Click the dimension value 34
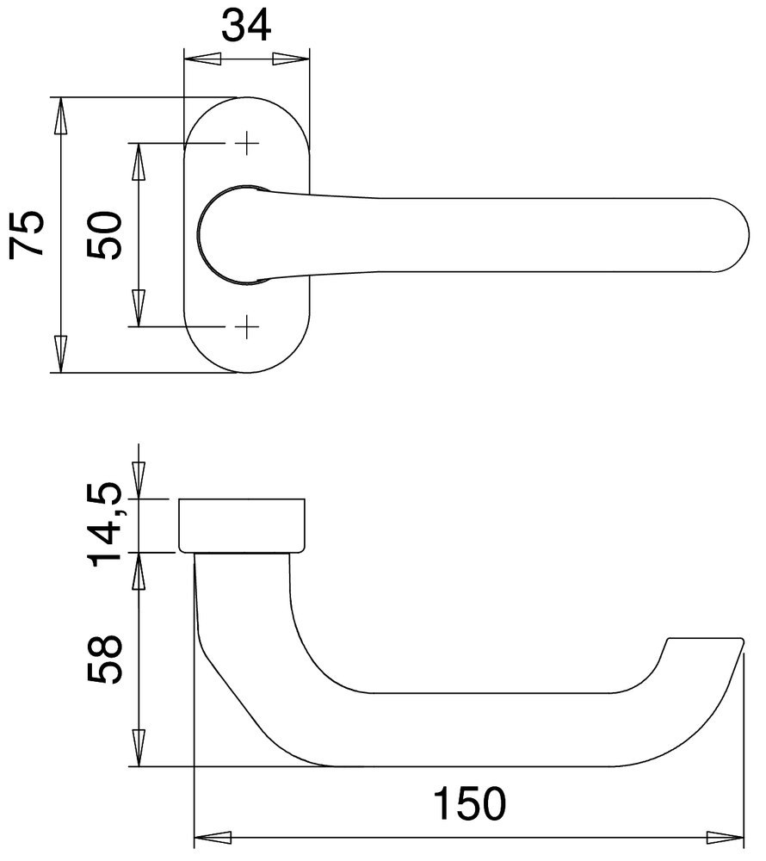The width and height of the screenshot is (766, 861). click(x=247, y=25)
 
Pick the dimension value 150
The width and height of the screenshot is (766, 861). click(x=469, y=807)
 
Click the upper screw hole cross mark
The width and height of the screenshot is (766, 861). click(x=247, y=143)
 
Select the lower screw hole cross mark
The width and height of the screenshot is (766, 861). click(x=247, y=326)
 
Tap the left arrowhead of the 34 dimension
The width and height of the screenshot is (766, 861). click(x=201, y=59)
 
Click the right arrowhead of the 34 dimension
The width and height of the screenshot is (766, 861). click(x=293, y=59)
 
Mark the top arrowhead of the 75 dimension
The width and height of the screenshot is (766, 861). click(x=60, y=115)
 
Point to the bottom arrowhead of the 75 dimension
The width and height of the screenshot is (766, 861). click(x=60, y=355)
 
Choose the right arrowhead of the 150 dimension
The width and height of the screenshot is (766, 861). click(x=725, y=837)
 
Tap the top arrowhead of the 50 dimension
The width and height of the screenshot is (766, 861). click(x=138, y=161)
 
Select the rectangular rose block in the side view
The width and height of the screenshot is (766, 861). click(x=242, y=524)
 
